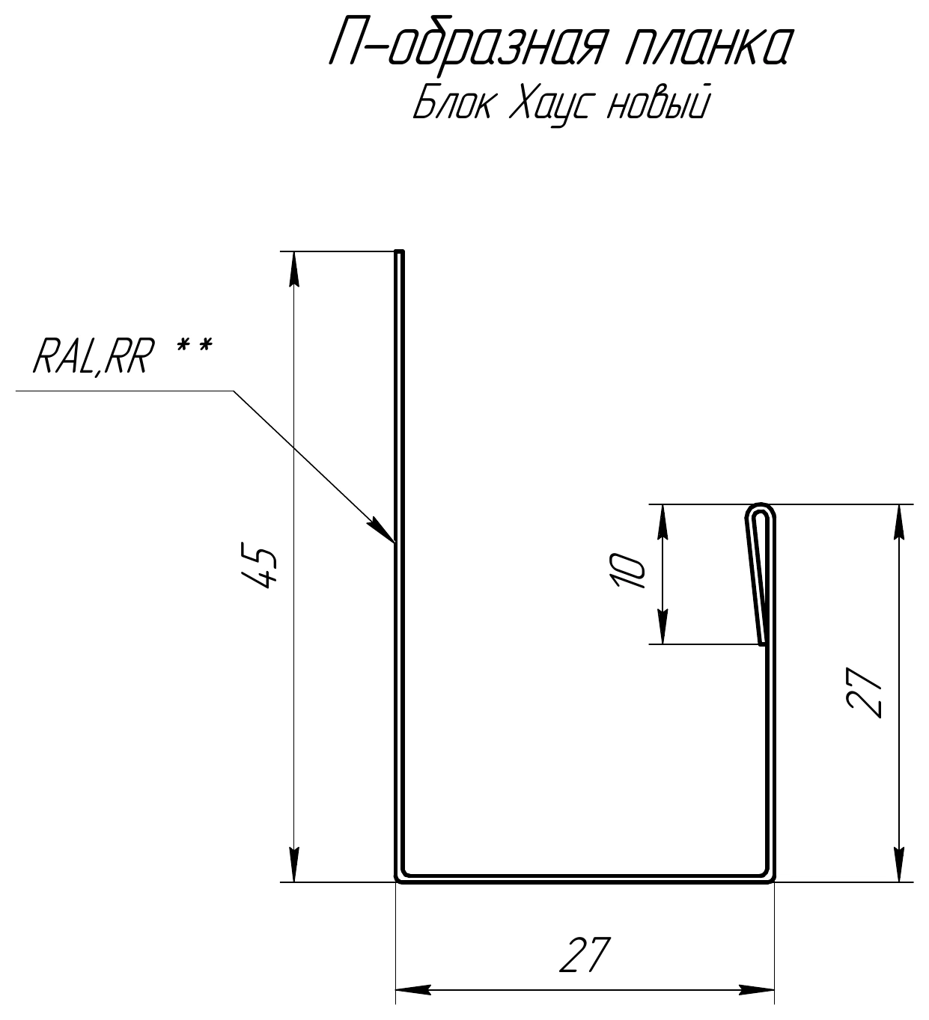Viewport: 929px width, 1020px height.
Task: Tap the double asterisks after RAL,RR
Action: click(x=195, y=348)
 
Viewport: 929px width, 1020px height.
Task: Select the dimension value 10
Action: click(x=630, y=571)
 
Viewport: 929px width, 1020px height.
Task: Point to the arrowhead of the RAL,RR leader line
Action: click(x=383, y=529)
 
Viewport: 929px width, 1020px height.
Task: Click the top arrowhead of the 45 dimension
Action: click(x=294, y=269)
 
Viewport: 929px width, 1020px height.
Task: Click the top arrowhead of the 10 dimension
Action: click(x=663, y=522)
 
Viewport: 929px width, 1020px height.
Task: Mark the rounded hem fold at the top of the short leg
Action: click(x=760, y=510)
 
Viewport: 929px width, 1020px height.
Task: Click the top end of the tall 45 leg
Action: click(x=400, y=251)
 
